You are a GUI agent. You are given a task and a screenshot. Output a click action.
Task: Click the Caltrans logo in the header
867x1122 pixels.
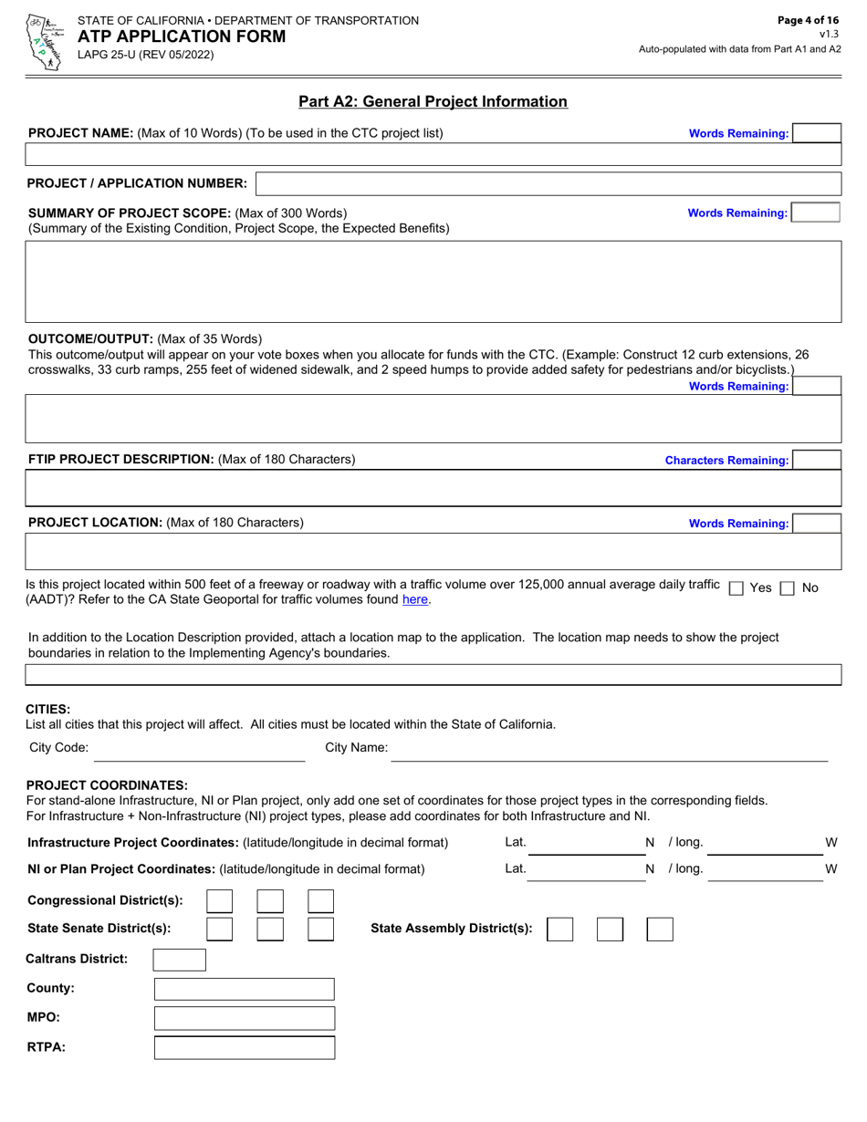click(41, 41)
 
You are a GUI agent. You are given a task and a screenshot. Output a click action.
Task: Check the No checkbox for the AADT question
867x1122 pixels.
click(788, 588)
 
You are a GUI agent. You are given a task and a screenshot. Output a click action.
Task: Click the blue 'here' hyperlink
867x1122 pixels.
click(414, 600)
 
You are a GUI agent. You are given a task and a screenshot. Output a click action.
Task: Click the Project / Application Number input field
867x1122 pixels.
click(548, 183)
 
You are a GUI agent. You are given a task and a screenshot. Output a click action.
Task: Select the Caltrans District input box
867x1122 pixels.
click(179, 960)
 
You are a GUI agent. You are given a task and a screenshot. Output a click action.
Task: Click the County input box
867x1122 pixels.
click(244, 989)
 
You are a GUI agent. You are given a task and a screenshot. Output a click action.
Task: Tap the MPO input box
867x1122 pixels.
click(244, 1018)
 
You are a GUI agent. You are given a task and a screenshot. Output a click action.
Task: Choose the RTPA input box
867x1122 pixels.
click(244, 1047)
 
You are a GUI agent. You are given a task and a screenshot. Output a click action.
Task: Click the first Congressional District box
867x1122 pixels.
click(219, 901)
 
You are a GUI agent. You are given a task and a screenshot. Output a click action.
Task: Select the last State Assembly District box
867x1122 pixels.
click(660, 930)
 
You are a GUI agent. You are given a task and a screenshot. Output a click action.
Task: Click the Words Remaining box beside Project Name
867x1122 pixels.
click(816, 133)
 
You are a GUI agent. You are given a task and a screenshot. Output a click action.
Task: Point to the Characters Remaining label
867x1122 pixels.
click(726, 461)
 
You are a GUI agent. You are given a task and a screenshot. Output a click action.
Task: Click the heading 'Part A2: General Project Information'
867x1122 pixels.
click(433, 102)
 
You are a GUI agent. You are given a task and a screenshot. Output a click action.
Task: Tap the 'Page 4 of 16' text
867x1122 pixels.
click(808, 20)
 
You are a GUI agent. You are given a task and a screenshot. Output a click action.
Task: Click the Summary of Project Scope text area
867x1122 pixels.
click(433, 281)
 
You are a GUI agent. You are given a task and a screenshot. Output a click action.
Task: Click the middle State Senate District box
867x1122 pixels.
click(270, 930)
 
